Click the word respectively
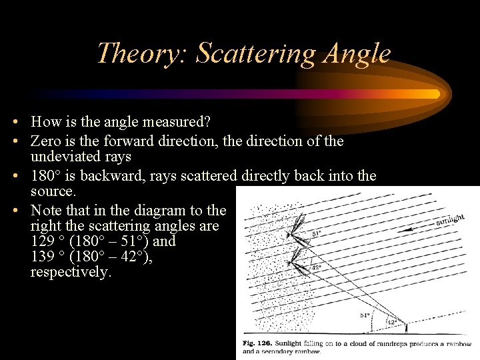(x=71, y=273)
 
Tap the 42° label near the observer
(x=393, y=321)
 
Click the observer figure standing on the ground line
(x=406, y=327)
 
